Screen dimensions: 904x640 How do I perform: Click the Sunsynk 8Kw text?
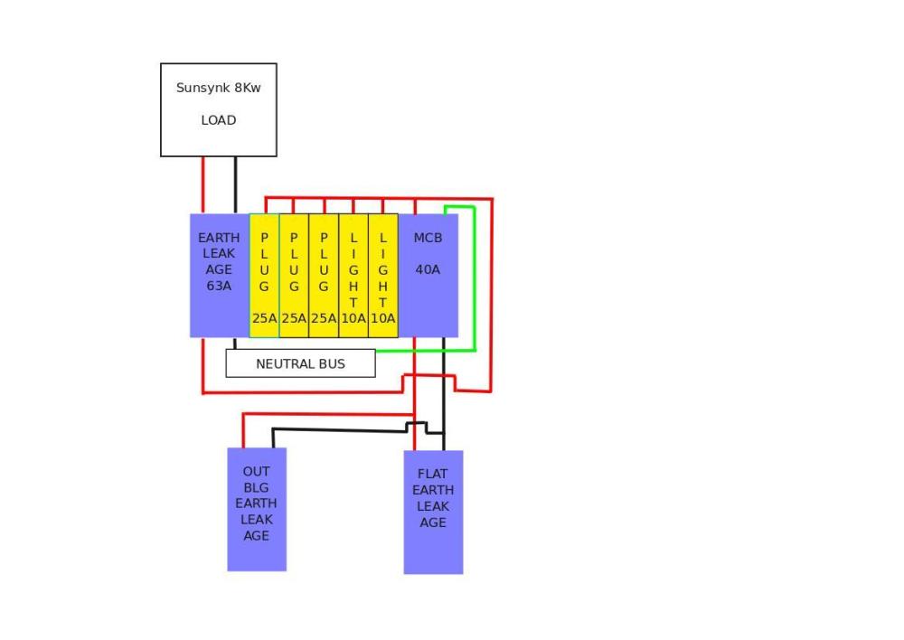coord(219,88)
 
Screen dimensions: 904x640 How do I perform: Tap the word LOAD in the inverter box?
coord(219,120)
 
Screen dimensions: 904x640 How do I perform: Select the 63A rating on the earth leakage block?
coord(219,286)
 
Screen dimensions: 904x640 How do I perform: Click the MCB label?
coord(428,238)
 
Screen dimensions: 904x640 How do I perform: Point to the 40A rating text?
coord(428,269)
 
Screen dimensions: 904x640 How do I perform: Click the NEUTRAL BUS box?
coord(300,363)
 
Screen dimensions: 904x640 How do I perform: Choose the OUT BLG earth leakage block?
coord(257,510)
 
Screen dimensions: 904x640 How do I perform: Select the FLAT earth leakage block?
coord(433,512)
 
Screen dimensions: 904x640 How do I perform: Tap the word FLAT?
coord(432,474)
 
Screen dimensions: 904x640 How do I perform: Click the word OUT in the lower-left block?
coord(257,472)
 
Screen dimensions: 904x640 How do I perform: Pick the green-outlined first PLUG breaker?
coord(264,276)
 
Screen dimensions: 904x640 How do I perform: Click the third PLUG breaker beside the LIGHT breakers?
coord(324,276)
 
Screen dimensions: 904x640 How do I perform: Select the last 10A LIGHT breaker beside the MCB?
coord(382,276)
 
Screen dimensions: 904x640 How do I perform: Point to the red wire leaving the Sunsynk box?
coord(202,185)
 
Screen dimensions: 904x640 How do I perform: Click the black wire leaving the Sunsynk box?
coord(235,185)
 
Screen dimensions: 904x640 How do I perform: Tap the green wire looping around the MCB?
coord(475,278)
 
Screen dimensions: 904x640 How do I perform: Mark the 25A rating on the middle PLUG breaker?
coord(294,318)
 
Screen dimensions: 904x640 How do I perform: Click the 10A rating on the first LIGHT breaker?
coord(353,318)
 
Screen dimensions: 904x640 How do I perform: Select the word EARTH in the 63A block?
coord(219,238)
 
